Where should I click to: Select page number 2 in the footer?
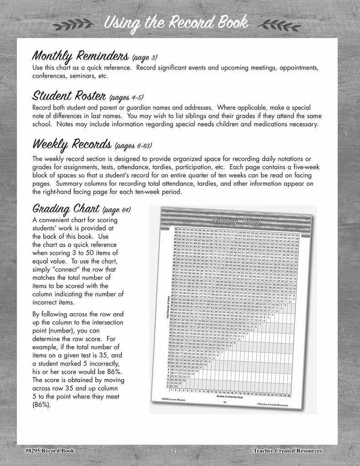173,451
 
